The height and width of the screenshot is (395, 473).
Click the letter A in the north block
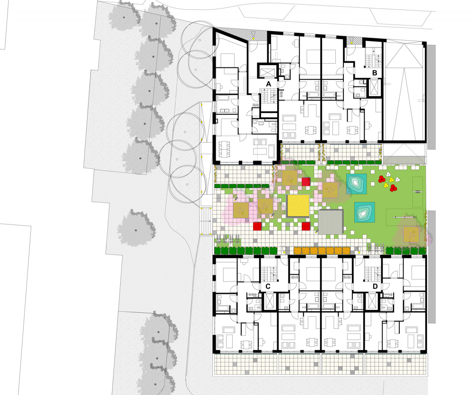tap(268, 84)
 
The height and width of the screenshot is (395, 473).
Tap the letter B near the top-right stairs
tap(375, 73)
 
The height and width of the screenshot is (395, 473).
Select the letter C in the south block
tap(268, 286)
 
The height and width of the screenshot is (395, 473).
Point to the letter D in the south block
tap(375, 286)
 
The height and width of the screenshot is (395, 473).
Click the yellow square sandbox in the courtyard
tap(298, 206)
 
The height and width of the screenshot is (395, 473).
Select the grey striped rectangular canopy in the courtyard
tap(331, 221)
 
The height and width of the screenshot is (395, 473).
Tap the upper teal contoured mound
tap(356, 184)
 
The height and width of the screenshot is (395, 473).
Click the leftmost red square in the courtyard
tap(257, 226)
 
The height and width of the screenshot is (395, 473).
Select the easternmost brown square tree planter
tap(411, 234)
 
